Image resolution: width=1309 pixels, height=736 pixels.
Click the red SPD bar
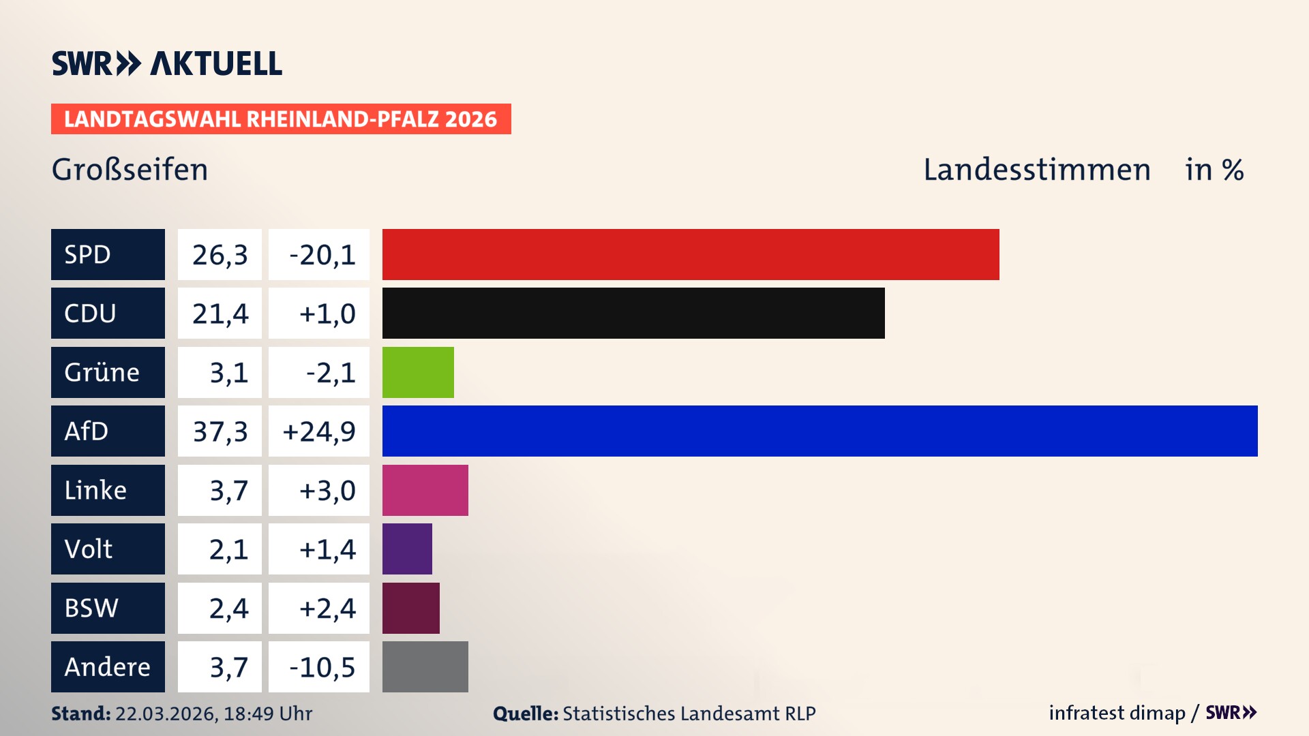pos(690,254)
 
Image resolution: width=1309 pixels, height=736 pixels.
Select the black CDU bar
pos(633,313)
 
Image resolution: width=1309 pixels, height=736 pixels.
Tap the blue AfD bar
pos(819,431)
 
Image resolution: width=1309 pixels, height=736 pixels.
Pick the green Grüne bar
pos(418,372)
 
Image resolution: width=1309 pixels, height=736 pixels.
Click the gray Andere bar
pos(425,666)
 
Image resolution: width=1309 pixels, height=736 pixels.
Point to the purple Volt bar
pos(407,549)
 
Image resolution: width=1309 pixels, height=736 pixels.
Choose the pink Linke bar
pos(425,490)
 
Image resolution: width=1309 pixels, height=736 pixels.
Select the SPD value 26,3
pos(220,255)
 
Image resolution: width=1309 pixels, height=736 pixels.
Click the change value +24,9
pos(319,431)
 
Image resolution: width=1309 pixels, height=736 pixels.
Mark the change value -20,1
pos(322,255)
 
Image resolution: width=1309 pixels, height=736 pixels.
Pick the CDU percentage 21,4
pos(220,313)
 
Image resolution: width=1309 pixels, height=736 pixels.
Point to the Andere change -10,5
pos(322,667)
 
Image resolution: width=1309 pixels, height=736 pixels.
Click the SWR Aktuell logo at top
pos(166,63)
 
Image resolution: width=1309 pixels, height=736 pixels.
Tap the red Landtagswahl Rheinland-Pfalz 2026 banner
pos(280,119)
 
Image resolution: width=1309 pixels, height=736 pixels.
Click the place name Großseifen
pos(130,170)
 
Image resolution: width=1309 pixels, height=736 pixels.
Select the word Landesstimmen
pos(1036,170)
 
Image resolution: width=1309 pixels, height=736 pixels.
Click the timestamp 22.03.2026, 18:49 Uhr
pos(213,714)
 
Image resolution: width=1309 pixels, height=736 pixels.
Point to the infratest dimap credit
pos(1117,713)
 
